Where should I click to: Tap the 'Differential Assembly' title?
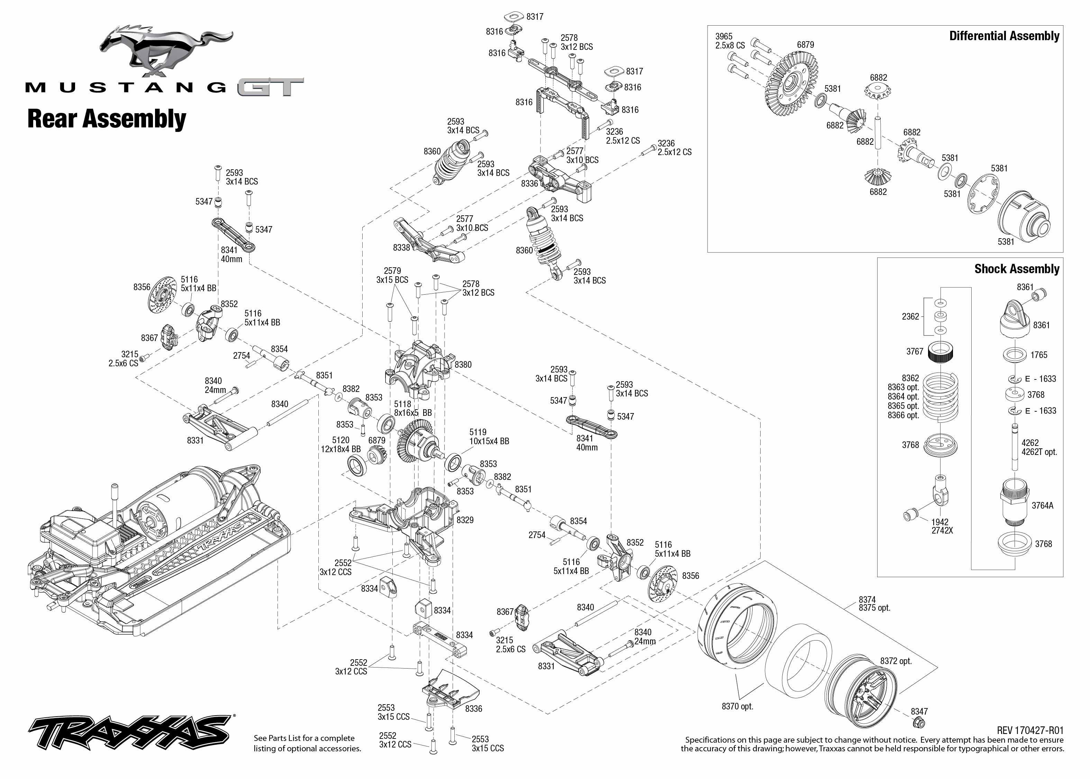1004,36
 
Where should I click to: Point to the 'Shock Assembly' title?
1017,269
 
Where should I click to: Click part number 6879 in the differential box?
805,45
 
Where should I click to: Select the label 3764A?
1043,505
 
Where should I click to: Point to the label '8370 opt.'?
737,706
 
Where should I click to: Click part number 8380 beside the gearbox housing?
463,365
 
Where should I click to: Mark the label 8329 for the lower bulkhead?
465,520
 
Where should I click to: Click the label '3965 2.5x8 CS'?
729,41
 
